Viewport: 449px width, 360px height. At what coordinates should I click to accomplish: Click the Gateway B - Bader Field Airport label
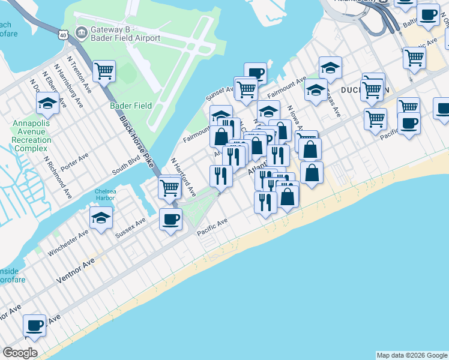125,34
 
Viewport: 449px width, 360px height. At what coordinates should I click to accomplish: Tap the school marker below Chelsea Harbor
101,217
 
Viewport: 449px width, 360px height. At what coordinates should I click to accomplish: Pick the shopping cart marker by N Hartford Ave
170,187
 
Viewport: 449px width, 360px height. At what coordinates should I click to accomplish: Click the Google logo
20,353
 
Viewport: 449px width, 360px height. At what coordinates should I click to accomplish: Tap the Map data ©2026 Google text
411,355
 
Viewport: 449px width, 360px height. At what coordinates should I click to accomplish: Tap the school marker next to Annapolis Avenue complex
47,103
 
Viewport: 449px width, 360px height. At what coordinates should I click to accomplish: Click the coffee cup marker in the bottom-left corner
35,325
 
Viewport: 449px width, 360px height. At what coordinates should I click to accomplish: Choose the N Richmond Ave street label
58,178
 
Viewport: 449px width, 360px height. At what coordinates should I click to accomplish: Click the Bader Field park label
131,106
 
